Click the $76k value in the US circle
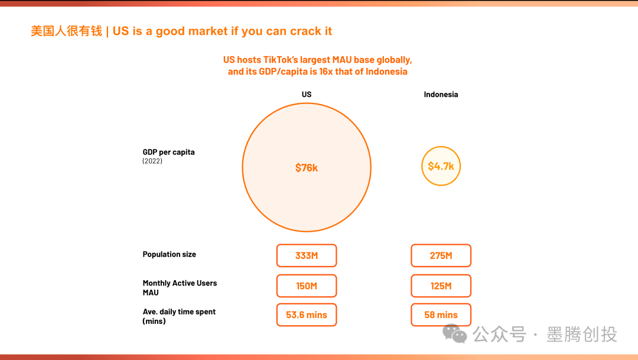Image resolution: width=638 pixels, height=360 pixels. click(307, 168)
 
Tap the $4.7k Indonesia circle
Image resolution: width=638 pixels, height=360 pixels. click(441, 166)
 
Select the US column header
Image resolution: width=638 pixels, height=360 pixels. click(307, 95)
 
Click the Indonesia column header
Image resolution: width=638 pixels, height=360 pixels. click(441, 95)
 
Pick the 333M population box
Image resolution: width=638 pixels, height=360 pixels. click(307, 256)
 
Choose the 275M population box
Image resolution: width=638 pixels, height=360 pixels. click(441, 256)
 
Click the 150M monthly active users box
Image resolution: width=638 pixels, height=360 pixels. click(307, 286)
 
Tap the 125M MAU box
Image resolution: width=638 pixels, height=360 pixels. click(441, 286)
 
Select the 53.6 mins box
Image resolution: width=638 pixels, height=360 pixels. click(307, 315)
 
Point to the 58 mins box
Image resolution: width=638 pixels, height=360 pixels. click(441, 315)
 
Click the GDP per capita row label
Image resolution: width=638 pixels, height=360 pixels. click(168, 153)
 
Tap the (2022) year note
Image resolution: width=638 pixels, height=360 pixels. click(152, 161)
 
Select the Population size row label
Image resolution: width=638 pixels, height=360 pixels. click(170, 255)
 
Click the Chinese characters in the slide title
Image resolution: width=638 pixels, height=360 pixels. click(66, 31)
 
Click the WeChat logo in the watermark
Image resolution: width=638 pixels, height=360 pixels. click(454, 334)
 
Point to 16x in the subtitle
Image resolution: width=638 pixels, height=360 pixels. click(326, 72)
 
